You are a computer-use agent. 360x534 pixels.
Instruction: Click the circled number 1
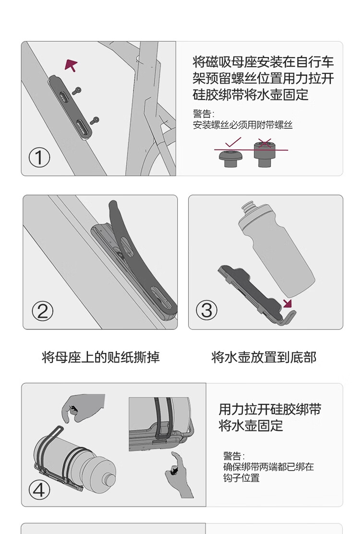[x=39, y=158]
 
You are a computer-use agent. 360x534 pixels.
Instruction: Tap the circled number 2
[x=43, y=311]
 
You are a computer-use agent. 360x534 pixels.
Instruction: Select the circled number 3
[x=206, y=310]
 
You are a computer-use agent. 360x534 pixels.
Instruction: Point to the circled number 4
[x=39, y=490]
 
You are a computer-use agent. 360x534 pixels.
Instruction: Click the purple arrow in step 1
[x=71, y=65]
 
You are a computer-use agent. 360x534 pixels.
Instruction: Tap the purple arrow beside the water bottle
[x=288, y=303]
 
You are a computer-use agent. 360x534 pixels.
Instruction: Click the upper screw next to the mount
[x=77, y=91]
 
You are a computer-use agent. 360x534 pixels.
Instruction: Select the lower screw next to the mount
[x=95, y=120]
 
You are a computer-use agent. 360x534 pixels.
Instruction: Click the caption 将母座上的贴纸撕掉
[x=101, y=357]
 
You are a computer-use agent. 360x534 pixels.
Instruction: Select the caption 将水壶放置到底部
[x=264, y=357]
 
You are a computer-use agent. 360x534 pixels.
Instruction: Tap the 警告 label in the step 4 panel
[x=234, y=456]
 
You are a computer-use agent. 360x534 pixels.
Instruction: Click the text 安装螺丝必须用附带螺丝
[x=242, y=125]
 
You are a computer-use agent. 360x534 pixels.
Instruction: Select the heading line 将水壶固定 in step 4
[x=251, y=425]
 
